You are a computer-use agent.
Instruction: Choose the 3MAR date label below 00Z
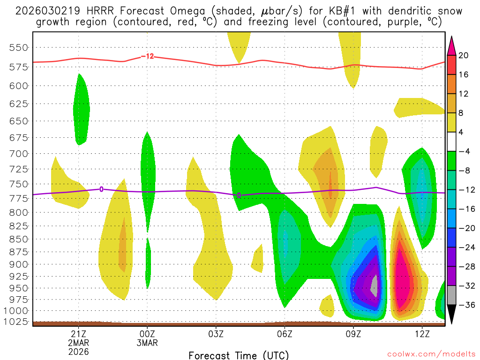tap(147, 343)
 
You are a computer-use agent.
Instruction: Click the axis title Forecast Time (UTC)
tap(239, 355)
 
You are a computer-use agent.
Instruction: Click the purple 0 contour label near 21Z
tap(101, 189)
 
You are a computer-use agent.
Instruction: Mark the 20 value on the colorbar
tap(463, 55)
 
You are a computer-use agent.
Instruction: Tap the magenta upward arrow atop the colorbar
tap(451, 45)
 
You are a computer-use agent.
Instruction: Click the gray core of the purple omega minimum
tap(374, 285)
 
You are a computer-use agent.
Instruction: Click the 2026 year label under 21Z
tap(78, 351)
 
